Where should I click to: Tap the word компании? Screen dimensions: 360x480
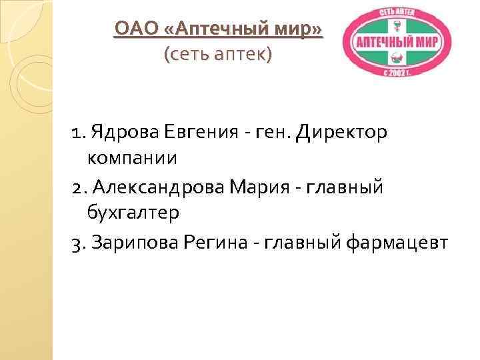(131, 158)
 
